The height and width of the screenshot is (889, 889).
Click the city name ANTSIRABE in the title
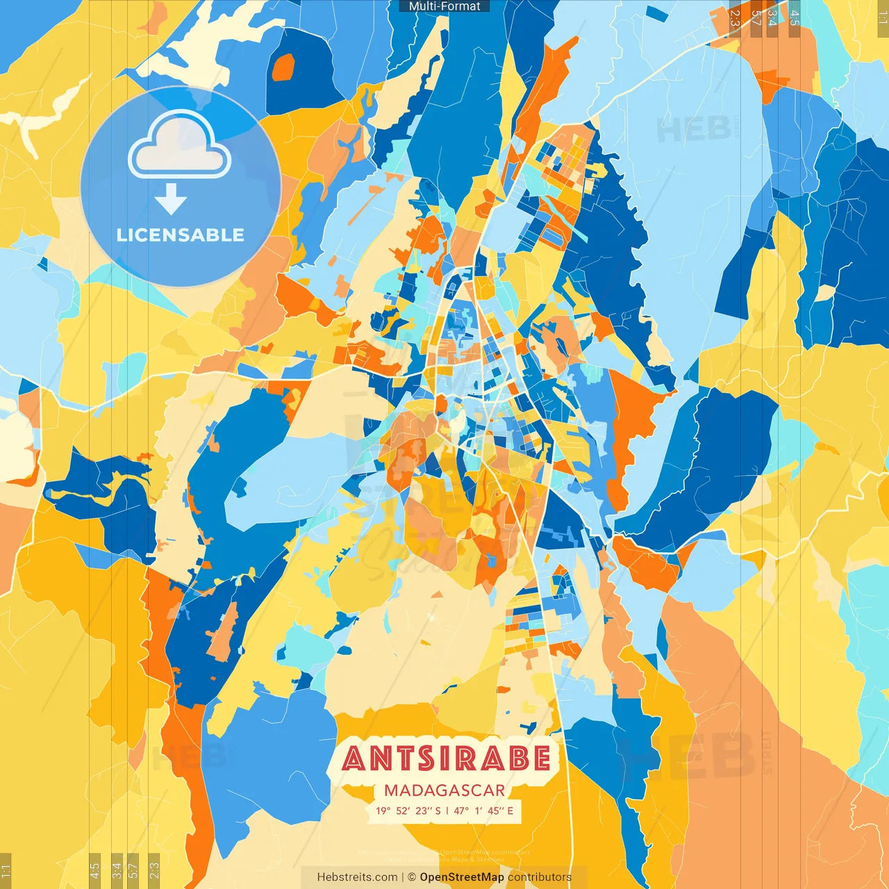pos(446,758)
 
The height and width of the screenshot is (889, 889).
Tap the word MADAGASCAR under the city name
pos(444,790)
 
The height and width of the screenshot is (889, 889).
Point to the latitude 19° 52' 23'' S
pos(408,811)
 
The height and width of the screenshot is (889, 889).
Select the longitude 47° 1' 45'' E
pos(483,811)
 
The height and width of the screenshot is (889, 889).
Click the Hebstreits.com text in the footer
pos(357,877)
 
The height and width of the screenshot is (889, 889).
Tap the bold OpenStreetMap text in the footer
pos(461,877)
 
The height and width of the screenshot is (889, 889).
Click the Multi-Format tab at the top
pos(444,6)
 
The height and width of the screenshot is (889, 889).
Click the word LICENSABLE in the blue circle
pos(181,235)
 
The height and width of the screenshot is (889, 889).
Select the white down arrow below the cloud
pos(171,199)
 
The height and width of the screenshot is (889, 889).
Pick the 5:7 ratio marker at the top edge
pos(755,18)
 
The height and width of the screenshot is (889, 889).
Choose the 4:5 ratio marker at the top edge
pos(795,18)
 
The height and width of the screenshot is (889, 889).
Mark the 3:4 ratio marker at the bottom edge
pos(117,870)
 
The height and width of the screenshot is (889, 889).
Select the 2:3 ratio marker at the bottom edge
pos(154,870)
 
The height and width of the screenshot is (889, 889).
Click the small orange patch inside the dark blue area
pos(283,67)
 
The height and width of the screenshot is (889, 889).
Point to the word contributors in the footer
pos(540,877)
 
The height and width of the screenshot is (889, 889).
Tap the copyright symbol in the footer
pos(411,877)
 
